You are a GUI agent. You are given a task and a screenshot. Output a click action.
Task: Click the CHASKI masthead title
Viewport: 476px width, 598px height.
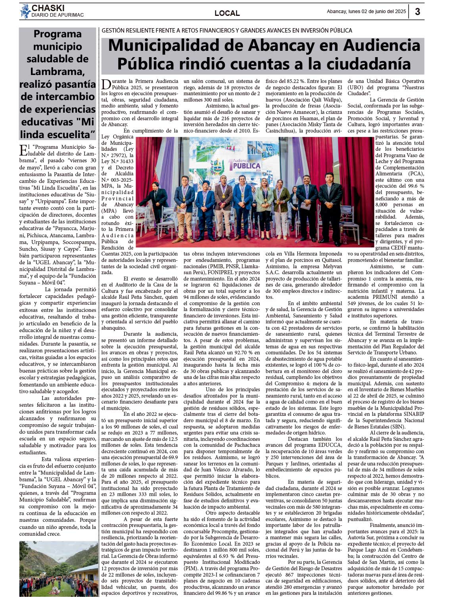pyautogui.click(x=48, y=8)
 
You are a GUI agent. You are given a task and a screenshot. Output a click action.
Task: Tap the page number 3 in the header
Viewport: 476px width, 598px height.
pyautogui.click(x=417, y=12)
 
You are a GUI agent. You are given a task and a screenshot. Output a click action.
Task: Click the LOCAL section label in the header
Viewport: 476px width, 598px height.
pyautogui.click(x=227, y=13)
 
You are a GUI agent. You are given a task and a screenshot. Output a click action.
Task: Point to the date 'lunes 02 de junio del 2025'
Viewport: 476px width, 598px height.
pyautogui.click(x=377, y=12)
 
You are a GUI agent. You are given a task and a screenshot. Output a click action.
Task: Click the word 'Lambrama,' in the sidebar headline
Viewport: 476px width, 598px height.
pyautogui.click(x=58, y=71)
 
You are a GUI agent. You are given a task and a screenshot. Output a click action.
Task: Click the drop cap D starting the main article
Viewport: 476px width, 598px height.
pyautogui.click(x=106, y=85)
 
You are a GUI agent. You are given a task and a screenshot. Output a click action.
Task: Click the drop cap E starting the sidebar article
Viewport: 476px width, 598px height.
pyautogui.click(x=23, y=150)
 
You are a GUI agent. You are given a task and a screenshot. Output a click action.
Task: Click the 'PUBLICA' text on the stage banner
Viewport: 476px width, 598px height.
pyautogui.click(x=246, y=166)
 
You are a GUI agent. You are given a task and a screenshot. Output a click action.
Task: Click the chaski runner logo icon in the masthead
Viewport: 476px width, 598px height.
pyautogui.click(x=25, y=11)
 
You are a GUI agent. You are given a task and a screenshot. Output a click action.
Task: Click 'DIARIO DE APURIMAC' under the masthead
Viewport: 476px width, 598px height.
pyautogui.click(x=58, y=15)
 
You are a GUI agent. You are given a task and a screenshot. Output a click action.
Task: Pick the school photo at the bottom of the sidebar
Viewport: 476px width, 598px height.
pyautogui.click(x=58, y=569)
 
